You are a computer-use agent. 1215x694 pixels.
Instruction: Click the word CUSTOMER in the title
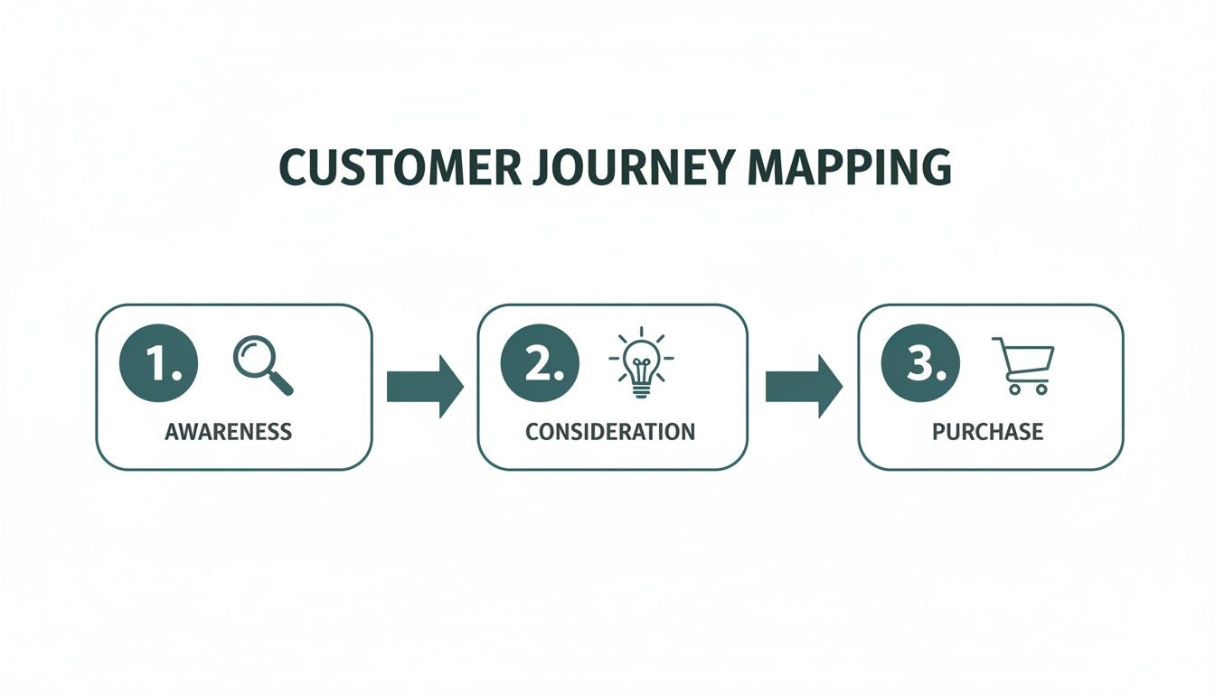point(400,168)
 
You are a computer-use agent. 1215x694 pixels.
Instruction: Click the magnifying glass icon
point(262,364)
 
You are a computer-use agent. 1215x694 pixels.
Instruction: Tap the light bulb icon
point(641,362)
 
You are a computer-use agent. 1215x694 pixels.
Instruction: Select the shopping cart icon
point(1024,365)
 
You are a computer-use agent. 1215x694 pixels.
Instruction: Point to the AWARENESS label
point(228,431)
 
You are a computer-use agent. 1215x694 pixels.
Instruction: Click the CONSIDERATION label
point(610,431)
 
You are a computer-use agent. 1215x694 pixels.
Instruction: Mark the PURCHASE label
point(987,431)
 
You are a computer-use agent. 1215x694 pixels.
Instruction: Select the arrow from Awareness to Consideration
point(424,386)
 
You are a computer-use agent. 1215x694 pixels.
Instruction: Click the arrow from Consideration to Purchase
point(803,386)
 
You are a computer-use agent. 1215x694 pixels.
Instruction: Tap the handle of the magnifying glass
point(281,383)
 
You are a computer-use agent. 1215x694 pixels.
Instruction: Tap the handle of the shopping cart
point(997,341)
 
